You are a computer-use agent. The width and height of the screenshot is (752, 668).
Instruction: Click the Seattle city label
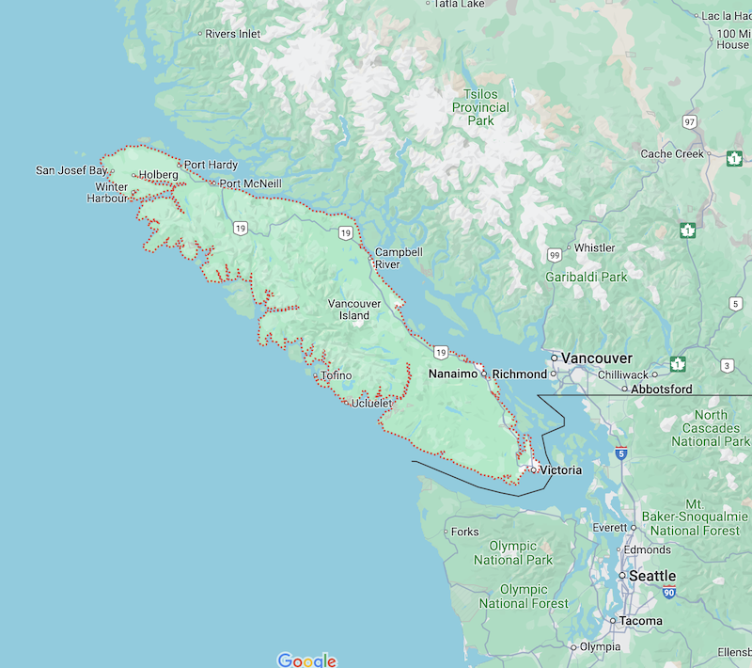tap(652, 576)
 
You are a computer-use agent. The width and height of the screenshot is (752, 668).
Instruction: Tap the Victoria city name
tap(560, 469)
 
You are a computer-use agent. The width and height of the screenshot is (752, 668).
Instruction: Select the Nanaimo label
tap(453, 374)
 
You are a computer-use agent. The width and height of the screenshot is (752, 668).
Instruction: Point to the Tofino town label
tap(336, 375)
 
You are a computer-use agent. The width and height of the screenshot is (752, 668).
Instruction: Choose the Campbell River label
tap(399, 258)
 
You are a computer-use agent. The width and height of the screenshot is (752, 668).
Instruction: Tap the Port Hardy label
tap(211, 165)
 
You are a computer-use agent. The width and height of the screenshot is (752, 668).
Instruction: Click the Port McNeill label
tap(250, 183)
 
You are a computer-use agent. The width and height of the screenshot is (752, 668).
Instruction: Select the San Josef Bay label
tap(71, 170)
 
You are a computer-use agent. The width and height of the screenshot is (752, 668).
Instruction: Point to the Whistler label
tap(594, 248)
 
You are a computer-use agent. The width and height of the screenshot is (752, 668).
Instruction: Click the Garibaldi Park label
tap(586, 278)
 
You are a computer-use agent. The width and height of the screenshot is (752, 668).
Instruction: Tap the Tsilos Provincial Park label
tap(480, 107)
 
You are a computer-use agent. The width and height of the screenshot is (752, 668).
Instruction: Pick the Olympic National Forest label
tap(524, 596)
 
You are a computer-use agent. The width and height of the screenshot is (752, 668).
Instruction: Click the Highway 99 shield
tap(555, 255)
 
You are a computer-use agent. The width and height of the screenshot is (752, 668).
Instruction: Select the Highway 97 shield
tap(691, 123)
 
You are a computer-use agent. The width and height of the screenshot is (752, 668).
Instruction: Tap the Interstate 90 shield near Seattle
tap(668, 593)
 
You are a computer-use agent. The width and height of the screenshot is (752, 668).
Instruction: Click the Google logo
tap(306, 660)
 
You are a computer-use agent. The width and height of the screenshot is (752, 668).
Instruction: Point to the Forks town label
tap(464, 532)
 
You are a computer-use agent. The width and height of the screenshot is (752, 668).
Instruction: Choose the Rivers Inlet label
tap(232, 34)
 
